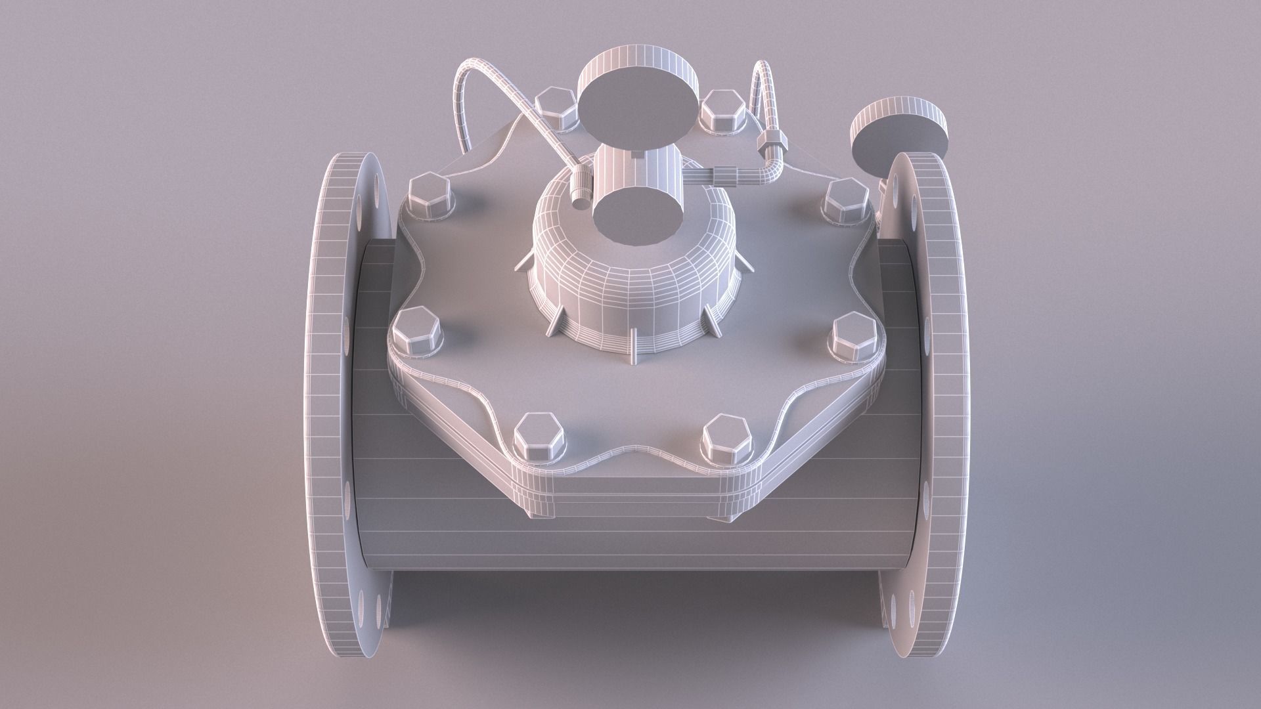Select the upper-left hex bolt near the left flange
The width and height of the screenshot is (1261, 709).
tap(431, 198)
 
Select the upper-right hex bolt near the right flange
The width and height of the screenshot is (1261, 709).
tap(846, 201)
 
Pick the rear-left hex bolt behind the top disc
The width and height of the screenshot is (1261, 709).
tap(557, 109)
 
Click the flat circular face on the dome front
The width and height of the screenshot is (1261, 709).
tap(635, 213)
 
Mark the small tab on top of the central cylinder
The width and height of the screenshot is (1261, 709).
tap(637, 155)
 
